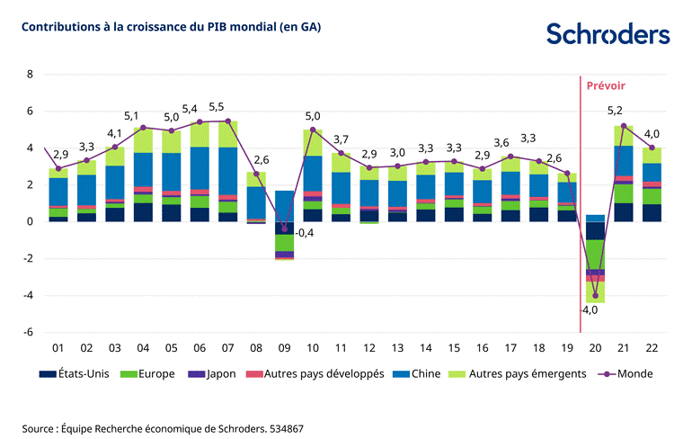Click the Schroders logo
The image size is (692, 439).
pos(608,34)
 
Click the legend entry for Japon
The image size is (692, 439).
pos(217,373)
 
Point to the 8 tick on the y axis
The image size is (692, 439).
pos(30,75)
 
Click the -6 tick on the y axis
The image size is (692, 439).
pos(28,332)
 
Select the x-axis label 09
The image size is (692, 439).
pos(285,347)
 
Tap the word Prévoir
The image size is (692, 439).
pos(606,86)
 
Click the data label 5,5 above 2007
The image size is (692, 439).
pos(217,107)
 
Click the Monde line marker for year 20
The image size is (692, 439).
pos(595,295)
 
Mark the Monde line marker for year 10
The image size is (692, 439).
pos(313,130)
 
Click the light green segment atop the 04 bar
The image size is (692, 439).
pos(143,140)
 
